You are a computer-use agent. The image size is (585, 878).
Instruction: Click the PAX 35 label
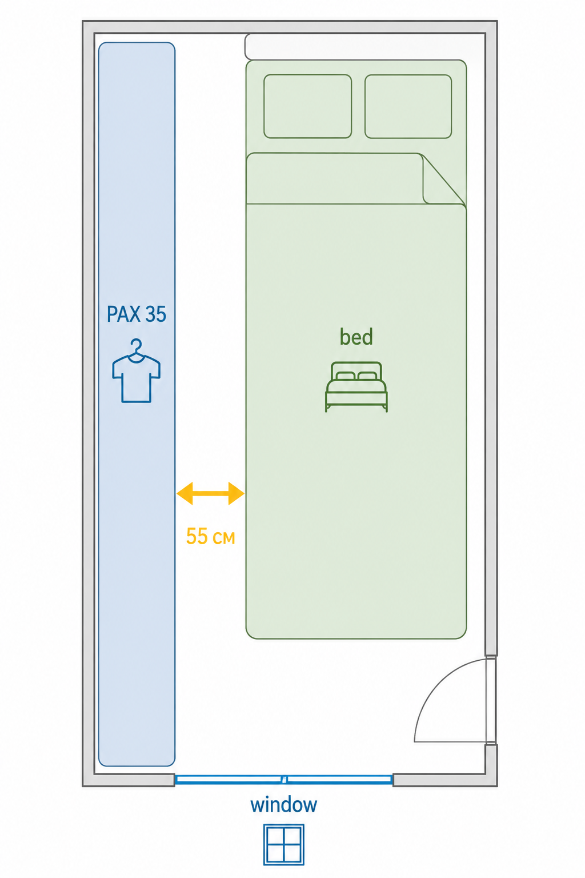click(137, 314)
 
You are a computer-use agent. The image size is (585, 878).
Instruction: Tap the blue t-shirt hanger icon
click(137, 371)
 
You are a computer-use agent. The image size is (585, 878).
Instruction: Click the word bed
click(356, 337)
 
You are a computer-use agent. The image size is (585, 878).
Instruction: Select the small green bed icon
click(356, 387)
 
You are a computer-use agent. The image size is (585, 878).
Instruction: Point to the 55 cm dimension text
click(210, 536)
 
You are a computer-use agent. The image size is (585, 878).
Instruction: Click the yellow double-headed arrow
click(210, 493)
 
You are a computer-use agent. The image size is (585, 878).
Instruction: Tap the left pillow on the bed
click(307, 106)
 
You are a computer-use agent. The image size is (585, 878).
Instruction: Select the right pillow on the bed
click(408, 106)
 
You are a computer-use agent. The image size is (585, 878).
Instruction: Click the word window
click(284, 805)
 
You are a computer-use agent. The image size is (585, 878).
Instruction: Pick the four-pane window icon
click(284, 844)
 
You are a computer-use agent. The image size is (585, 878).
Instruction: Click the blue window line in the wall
click(284, 779)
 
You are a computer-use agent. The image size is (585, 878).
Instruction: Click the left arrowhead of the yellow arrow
click(185, 493)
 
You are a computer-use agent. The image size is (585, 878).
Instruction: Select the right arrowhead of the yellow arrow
click(237, 493)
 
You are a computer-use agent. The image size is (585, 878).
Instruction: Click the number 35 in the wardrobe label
click(156, 314)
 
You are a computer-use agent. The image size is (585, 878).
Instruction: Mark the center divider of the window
click(285, 779)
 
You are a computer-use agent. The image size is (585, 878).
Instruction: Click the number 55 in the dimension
click(197, 536)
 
